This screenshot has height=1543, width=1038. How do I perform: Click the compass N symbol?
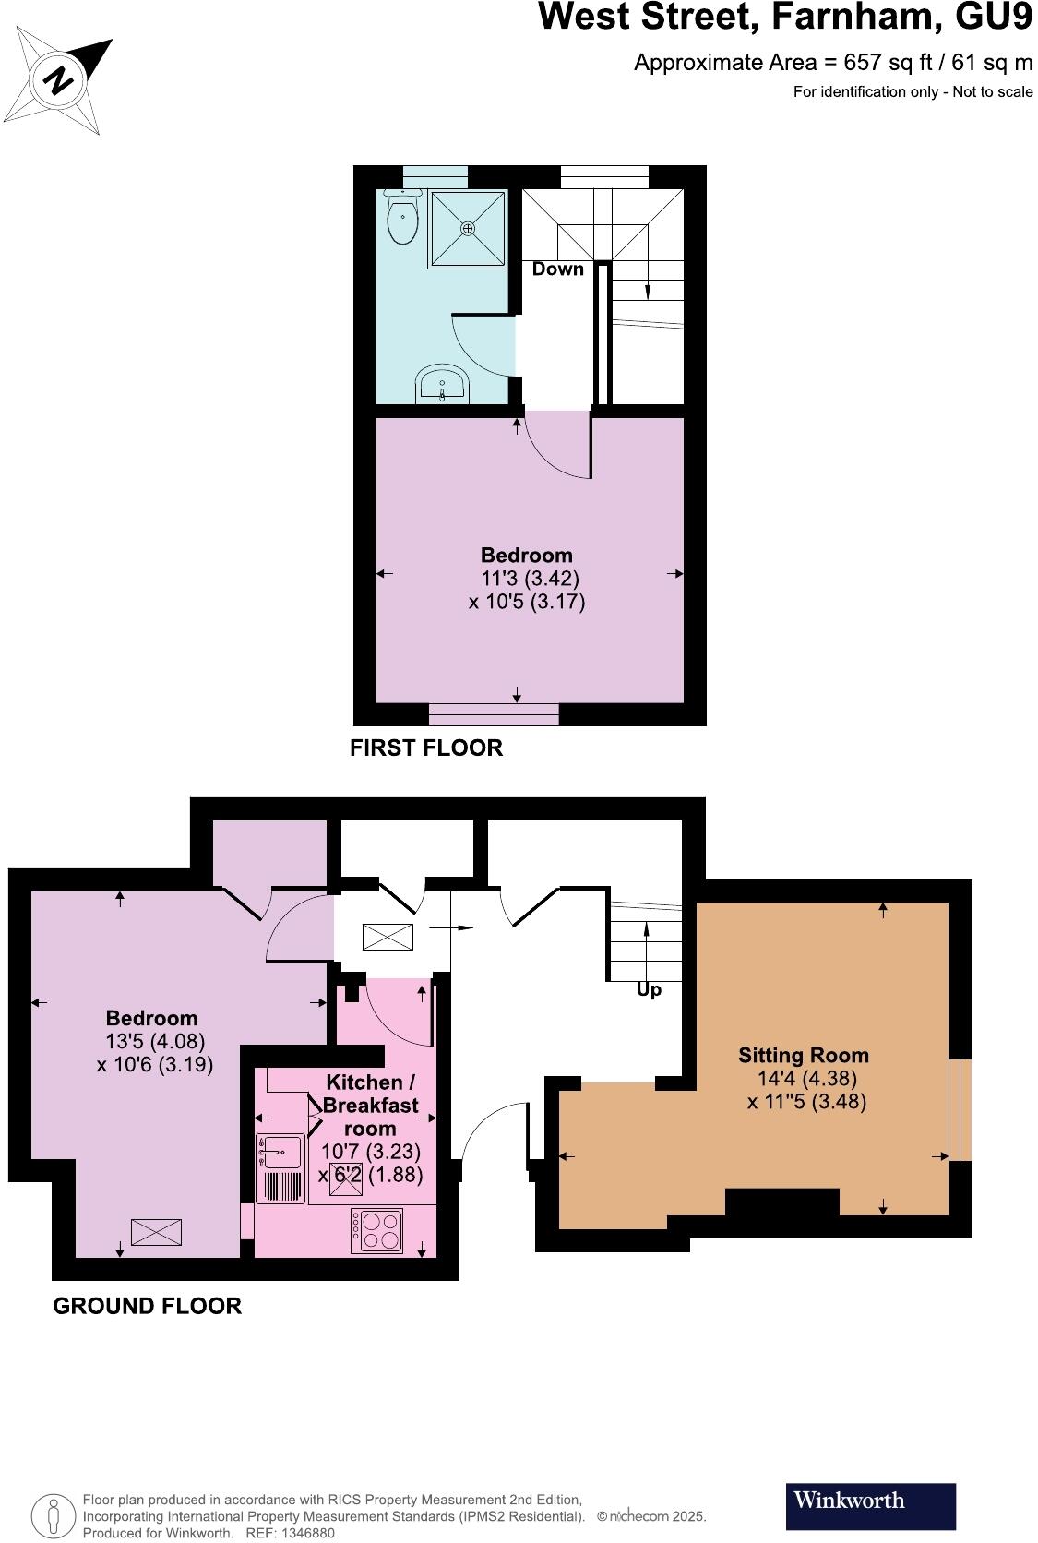pos(59,79)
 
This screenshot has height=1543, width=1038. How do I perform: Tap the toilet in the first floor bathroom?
pos(402,219)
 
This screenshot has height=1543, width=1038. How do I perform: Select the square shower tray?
pos(468,228)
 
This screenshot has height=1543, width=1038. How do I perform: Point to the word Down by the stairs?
pos(557,269)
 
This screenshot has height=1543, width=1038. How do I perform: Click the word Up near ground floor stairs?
pos(649,990)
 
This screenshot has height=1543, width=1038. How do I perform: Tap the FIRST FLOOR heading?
pos(426,748)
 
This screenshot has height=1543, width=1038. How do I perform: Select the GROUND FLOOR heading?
pos(147,1306)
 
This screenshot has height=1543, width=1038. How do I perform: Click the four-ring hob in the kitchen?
pos(376,1230)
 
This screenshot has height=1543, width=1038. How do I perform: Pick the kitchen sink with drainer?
pos(280,1168)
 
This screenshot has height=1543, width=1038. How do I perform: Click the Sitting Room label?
pos(803,1055)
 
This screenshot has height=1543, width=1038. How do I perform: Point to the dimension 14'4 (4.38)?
pos(805,1078)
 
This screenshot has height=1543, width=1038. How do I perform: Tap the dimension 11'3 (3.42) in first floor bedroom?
pos(530,579)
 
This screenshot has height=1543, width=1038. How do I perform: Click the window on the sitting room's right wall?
pos(960,1109)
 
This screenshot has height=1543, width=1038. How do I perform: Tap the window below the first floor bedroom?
pos(494,714)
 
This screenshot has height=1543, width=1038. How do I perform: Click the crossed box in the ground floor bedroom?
pos(156,1231)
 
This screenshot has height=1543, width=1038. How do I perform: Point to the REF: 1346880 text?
pos(288,1533)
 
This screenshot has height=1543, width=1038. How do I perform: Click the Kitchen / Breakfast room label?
pos(371,1104)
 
